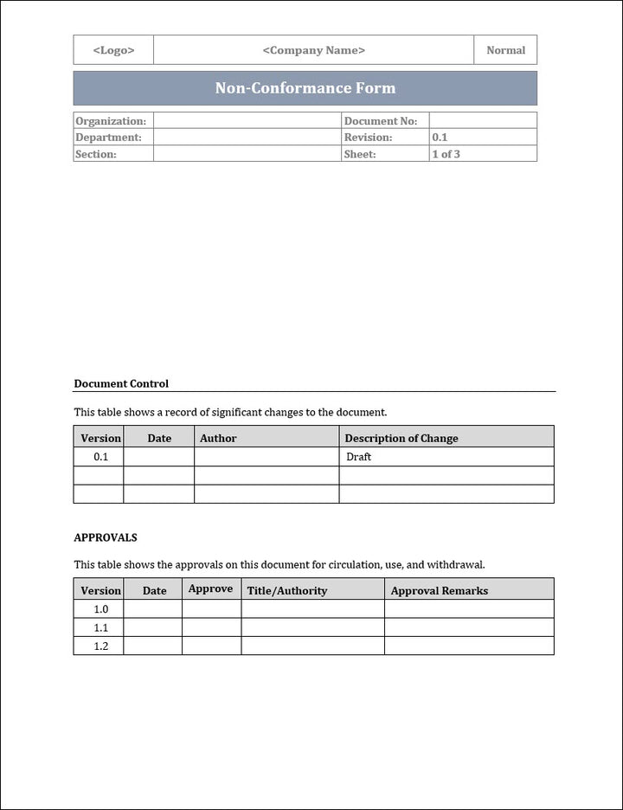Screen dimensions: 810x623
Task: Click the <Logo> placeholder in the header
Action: coord(113,50)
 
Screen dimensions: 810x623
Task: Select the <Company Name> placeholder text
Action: coord(313,50)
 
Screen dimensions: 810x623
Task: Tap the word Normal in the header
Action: coord(505,50)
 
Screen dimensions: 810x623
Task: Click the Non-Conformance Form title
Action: coord(305,88)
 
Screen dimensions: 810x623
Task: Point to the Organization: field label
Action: coord(111,121)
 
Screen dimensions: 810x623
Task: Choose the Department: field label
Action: coord(108,138)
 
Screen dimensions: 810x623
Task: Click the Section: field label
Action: coord(96,154)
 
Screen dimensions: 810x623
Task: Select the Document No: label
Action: coord(380,121)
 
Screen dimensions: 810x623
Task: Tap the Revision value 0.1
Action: coord(440,138)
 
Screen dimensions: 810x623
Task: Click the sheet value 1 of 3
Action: coord(446,154)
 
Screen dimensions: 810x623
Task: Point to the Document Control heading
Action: coord(121,383)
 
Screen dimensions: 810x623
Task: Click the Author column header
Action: coord(218,438)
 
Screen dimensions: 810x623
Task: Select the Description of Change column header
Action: coord(401,438)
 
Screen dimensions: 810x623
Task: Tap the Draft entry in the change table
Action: coord(358,457)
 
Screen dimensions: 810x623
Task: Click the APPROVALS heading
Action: coord(106,537)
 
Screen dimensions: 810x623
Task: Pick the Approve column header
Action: coord(210,588)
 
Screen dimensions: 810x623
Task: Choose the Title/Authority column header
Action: coord(287,590)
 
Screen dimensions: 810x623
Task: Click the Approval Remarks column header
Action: coord(440,590)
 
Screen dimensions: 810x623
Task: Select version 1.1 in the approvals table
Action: coord(101,627)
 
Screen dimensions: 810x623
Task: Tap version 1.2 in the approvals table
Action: coord(101,646)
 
